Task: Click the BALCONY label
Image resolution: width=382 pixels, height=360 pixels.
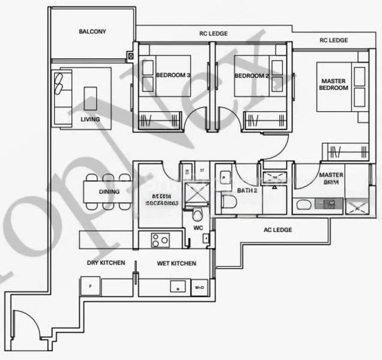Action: (92, 32)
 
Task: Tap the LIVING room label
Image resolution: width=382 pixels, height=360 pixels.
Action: (90, 119)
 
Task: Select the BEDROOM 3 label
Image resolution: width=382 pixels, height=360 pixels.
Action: (173, 76)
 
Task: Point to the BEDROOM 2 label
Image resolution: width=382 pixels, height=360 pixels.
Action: (251, 76)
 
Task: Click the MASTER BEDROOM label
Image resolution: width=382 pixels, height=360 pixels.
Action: (334, 85)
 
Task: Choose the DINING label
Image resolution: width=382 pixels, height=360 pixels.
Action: (109, 192)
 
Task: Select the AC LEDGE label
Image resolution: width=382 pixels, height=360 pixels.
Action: (277, 230)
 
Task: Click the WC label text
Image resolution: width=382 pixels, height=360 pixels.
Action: (198, 229)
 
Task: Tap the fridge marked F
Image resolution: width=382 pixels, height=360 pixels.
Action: (90, 286)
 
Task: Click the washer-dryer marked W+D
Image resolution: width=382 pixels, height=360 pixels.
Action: (199, 287)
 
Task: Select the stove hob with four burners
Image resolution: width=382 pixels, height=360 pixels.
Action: (161, 240)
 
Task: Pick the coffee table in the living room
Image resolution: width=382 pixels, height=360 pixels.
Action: (91, 97)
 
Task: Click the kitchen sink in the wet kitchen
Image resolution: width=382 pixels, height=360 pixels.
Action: (177, 286)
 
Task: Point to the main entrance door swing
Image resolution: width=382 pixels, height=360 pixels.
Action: (25, 327)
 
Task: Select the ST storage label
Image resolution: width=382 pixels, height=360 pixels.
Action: (202, 171)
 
